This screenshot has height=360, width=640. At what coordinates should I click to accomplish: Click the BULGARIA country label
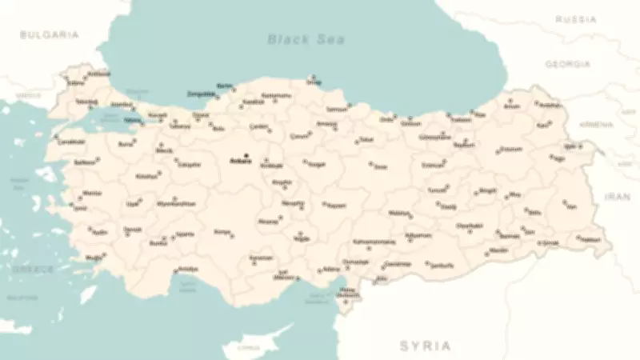click(50, 34)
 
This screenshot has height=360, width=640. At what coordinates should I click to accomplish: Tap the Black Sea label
click(306, 38)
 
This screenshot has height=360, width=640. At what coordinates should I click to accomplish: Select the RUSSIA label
click(576, 18)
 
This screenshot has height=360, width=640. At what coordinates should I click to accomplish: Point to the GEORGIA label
click(567, 63)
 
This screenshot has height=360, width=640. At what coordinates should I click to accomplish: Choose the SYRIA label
click(425, 346)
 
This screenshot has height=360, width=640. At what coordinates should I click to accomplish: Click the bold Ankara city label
click(240, 161)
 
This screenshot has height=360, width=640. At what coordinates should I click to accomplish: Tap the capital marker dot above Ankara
click(246, 154)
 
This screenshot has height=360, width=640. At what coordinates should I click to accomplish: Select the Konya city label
click(222, 232)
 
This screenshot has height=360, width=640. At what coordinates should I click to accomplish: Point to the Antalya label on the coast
click(187, 269)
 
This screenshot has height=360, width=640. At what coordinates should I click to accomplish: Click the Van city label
click(570, 206)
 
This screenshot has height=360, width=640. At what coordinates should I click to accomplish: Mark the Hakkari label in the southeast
click(590, 239)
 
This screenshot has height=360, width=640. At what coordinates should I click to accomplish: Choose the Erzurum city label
click(510, 149)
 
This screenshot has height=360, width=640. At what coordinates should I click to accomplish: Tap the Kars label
click(543, 125)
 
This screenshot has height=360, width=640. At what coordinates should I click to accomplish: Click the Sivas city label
click(380, 166)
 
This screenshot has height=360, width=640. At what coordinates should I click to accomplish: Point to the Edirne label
click(76, 82)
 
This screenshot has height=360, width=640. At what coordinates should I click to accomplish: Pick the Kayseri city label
click(336, 205)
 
